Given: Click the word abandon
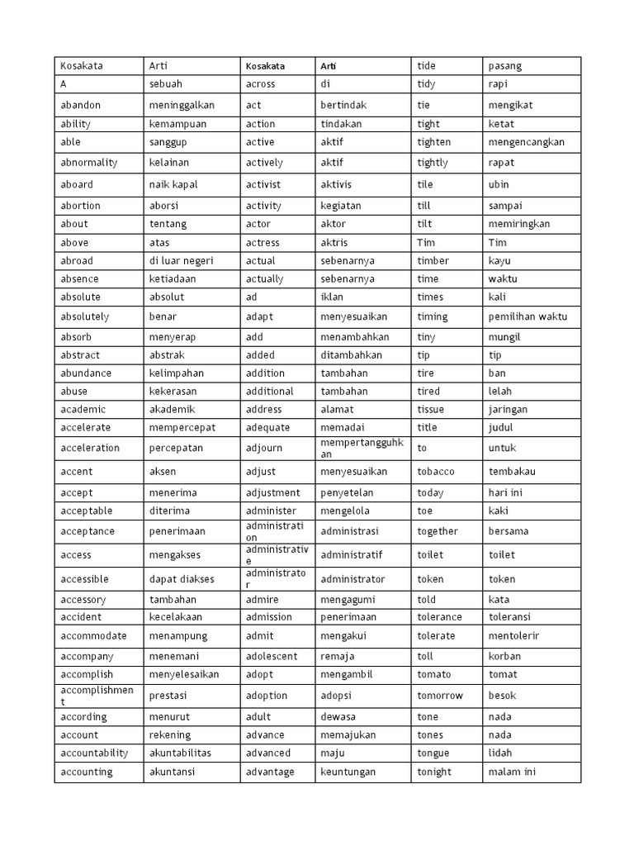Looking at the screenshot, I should click(80, 105).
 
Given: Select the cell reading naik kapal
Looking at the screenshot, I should click(173, 184).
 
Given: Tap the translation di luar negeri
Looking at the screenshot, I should click(181, 260).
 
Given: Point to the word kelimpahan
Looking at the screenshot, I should click(177, 373).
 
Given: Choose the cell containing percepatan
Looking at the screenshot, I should click(176, 448).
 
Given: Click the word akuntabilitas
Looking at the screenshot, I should click(180, 753).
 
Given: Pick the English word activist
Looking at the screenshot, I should click(263, 184).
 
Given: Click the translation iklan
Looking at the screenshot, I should click(331, 297).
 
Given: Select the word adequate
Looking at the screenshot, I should click(268, 427).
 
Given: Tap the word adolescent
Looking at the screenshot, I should click(272, 656).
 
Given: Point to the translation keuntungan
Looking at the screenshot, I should click(348, 772).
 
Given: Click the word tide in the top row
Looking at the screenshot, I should click(427, 65).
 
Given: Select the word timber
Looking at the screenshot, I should click(433, 260).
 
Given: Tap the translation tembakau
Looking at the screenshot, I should click(513, 471).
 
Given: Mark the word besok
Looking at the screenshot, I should click(502, 696).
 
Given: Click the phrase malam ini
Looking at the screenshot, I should click(512, 772).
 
